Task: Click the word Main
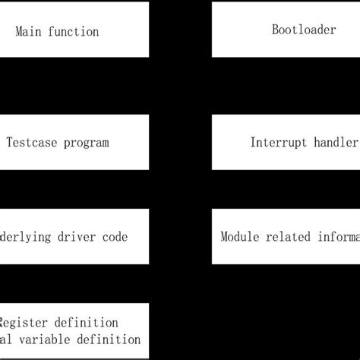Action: point(29,32)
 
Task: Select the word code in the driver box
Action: point(112,237)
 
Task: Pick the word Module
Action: point(240,237)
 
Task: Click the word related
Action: point(289,237)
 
